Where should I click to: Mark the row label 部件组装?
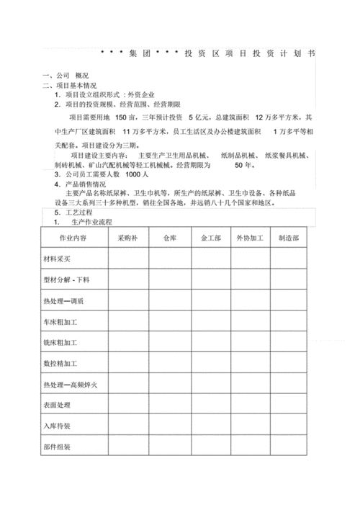click(x=60, y=447)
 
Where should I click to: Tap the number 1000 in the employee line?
click(x=134, y=174)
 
